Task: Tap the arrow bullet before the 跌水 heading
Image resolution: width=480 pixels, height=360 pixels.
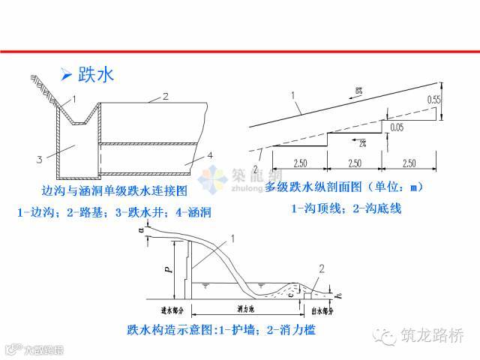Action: pos(66,74)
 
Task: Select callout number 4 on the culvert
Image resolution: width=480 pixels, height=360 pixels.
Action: pos(210,154)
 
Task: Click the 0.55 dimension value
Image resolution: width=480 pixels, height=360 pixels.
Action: pos(433,99)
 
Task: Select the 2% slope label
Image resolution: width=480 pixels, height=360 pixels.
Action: pos(361,142)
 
